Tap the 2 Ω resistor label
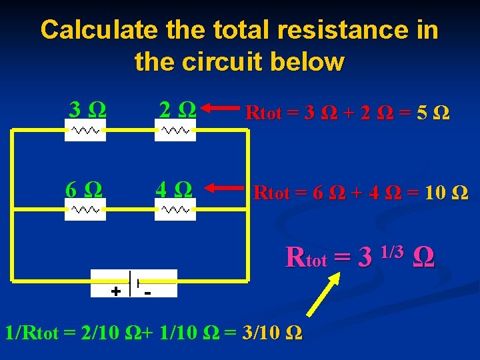177,107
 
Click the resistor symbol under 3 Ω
85,130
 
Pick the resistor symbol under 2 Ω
175,130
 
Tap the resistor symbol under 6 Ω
85,209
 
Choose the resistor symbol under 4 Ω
175,209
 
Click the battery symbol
134,283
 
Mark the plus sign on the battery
115,291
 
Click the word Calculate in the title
98,30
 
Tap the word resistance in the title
319,30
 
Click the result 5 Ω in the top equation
433,113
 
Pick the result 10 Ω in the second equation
447,194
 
